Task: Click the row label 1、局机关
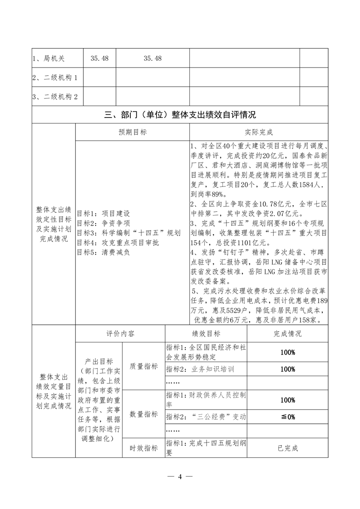pyautogui.click(x=49, y=59)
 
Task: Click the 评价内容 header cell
pyautogui.click(x=120, y=333)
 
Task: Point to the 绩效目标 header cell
pyautogui.click(x=207, y=333)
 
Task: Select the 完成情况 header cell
pyautogui.click(x=287, y=333)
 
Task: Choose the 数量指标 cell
pyautogui.click(x=143, y=414)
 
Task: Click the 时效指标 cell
pyautogui.click(x=143, y=448)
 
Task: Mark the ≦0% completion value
pyautogui.click(x=287, y=416)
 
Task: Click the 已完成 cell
pyautogui.click(x=287, y=448)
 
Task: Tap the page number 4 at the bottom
pyautogui.click(x=180, y=476)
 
